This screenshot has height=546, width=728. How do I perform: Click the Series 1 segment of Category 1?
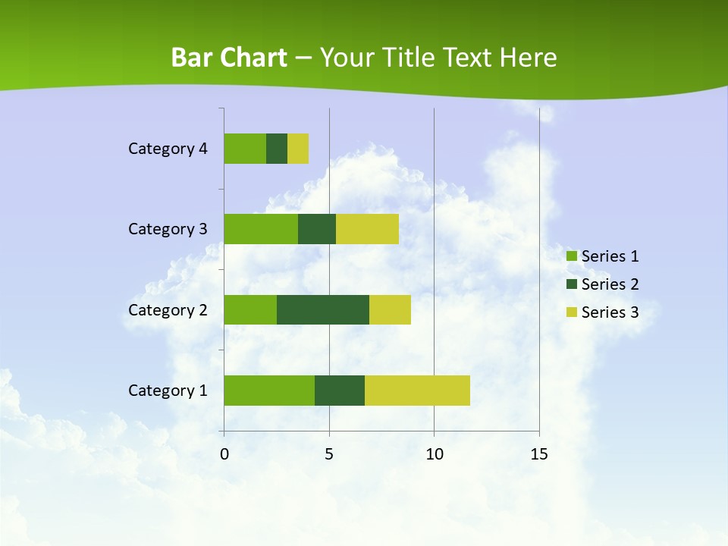269,391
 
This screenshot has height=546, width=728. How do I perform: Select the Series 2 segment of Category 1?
340,391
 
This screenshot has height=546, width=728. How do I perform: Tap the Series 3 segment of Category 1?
417,391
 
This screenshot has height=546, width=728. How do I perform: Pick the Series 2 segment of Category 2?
323,309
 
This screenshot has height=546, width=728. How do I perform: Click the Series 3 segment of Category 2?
390,309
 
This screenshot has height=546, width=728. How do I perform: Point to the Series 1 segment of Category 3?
261,229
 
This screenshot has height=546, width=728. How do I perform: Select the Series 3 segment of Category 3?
367,229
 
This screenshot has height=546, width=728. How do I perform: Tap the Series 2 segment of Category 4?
277,149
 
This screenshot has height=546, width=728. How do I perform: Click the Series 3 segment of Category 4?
298,149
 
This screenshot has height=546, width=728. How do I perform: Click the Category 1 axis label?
168,391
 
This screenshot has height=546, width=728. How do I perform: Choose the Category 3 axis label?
168,229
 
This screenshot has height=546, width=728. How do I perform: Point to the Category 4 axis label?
168,149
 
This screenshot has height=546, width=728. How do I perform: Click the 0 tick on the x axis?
224,454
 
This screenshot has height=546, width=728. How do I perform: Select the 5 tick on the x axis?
329,454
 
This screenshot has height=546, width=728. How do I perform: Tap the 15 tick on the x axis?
539,454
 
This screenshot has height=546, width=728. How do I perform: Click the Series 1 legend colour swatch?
571,256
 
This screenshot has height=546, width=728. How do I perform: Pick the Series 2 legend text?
610,284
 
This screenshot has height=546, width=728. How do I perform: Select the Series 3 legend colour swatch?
571,312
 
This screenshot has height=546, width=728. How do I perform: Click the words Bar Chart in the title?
229,58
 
